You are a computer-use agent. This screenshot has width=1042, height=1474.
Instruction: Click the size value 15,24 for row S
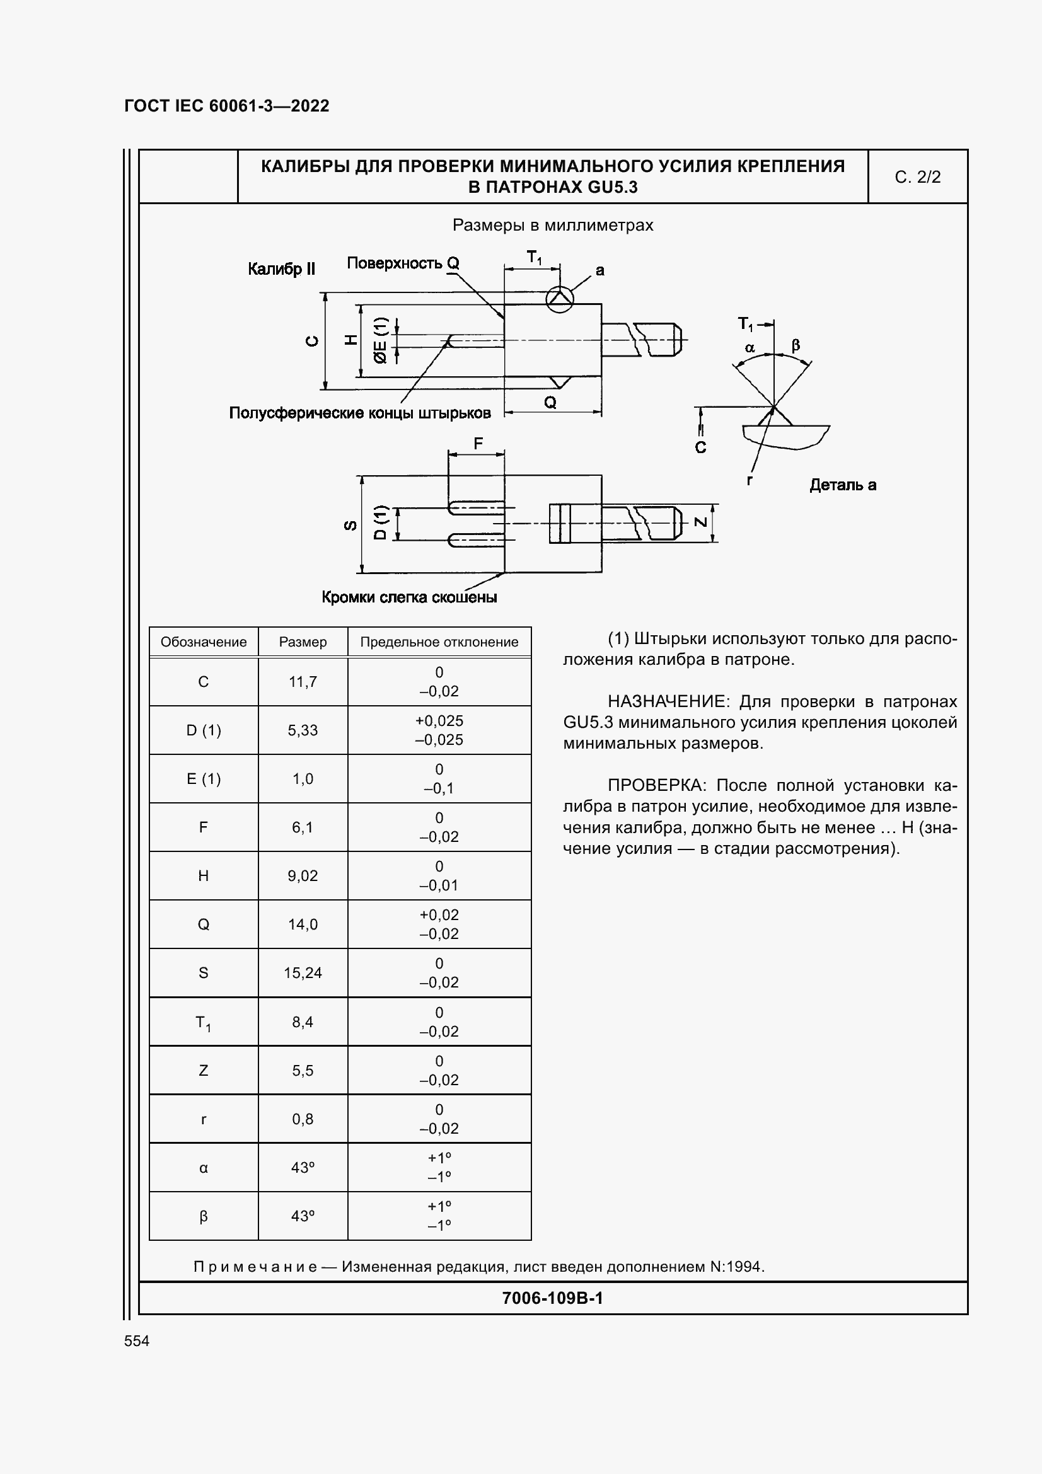[x=303, y=973]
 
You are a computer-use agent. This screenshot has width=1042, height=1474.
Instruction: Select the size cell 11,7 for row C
[x=303, y=682]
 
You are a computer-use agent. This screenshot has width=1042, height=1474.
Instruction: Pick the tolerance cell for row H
[x=439, y=876]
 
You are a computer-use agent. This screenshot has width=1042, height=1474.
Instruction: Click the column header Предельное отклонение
[x=439, y=642]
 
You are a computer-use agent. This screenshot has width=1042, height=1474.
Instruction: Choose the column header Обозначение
[x=203, y=642]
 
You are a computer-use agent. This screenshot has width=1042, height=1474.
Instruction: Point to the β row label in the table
[x=203, y=1216]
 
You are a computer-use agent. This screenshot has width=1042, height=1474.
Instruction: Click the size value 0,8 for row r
[x=303, y=1120]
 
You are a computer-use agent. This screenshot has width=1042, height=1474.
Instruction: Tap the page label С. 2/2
[x=917, y=177]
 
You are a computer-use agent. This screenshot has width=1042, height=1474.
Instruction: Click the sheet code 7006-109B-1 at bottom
[x=552, y=1298]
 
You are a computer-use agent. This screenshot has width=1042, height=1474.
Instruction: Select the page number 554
[x=137, y=1341]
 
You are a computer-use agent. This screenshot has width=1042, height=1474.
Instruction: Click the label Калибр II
[x=281, y=269]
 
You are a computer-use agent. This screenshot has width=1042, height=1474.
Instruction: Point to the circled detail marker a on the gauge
[x=559, y=300]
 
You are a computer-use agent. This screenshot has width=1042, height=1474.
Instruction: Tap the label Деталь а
[x=842, y=485]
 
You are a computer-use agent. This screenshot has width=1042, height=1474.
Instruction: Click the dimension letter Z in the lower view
[x=701, y=522]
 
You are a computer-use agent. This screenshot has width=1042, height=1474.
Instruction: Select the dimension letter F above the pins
[x=478, y=444]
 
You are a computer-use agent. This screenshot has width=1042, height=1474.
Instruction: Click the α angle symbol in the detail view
[x=750, y=348]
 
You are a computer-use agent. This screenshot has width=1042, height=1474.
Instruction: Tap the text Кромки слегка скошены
[x=409, y=597]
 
